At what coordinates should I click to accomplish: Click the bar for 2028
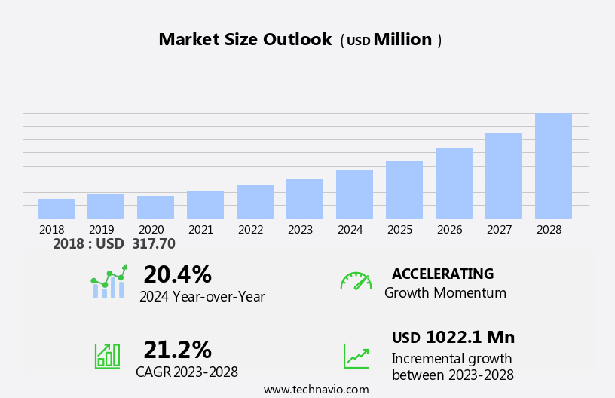(x=553, y=167)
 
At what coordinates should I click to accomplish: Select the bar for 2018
(x=56, y=209)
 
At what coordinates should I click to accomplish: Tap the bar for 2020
(x=155, y=207)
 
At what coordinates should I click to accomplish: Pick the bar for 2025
(x=404, y=190)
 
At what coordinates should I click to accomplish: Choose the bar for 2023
(x=304, y=199)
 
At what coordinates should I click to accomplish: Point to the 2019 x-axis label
(x=101, y=229)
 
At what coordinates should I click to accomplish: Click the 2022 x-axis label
(x=250, y=229)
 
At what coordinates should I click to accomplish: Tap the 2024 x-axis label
(x=350, y=229)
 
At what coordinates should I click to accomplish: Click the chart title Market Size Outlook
(x=245, y=40)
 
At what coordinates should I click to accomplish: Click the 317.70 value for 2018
(x=153, y=243)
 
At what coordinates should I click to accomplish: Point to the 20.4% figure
(x=177, y=274)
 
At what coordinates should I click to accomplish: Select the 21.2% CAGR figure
(x=177, y=350)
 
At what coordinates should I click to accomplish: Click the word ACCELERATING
(x=442, y=274)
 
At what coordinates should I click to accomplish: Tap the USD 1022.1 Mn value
(x=453, y=337)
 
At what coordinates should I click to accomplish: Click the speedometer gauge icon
(x=356, y=281)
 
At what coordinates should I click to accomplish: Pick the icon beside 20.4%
(x=109, y=282)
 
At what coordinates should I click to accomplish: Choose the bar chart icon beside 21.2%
(x=107, y=356)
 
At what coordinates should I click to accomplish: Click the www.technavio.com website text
(x=316, y=389)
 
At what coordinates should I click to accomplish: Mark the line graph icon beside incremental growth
(x=356, y=356)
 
